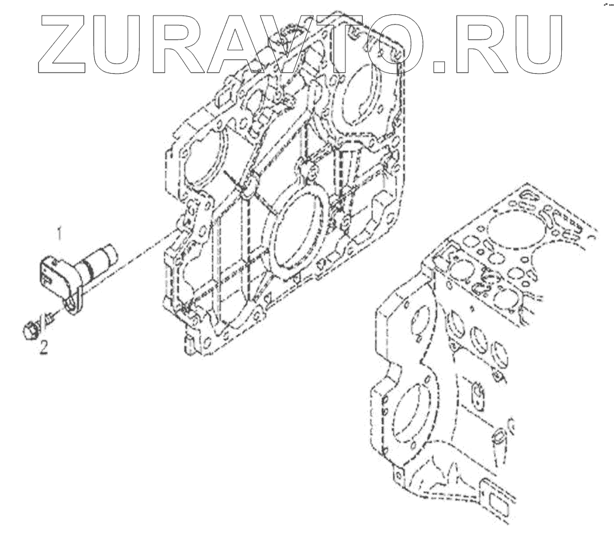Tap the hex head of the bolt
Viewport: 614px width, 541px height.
click(x=29, y=329)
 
